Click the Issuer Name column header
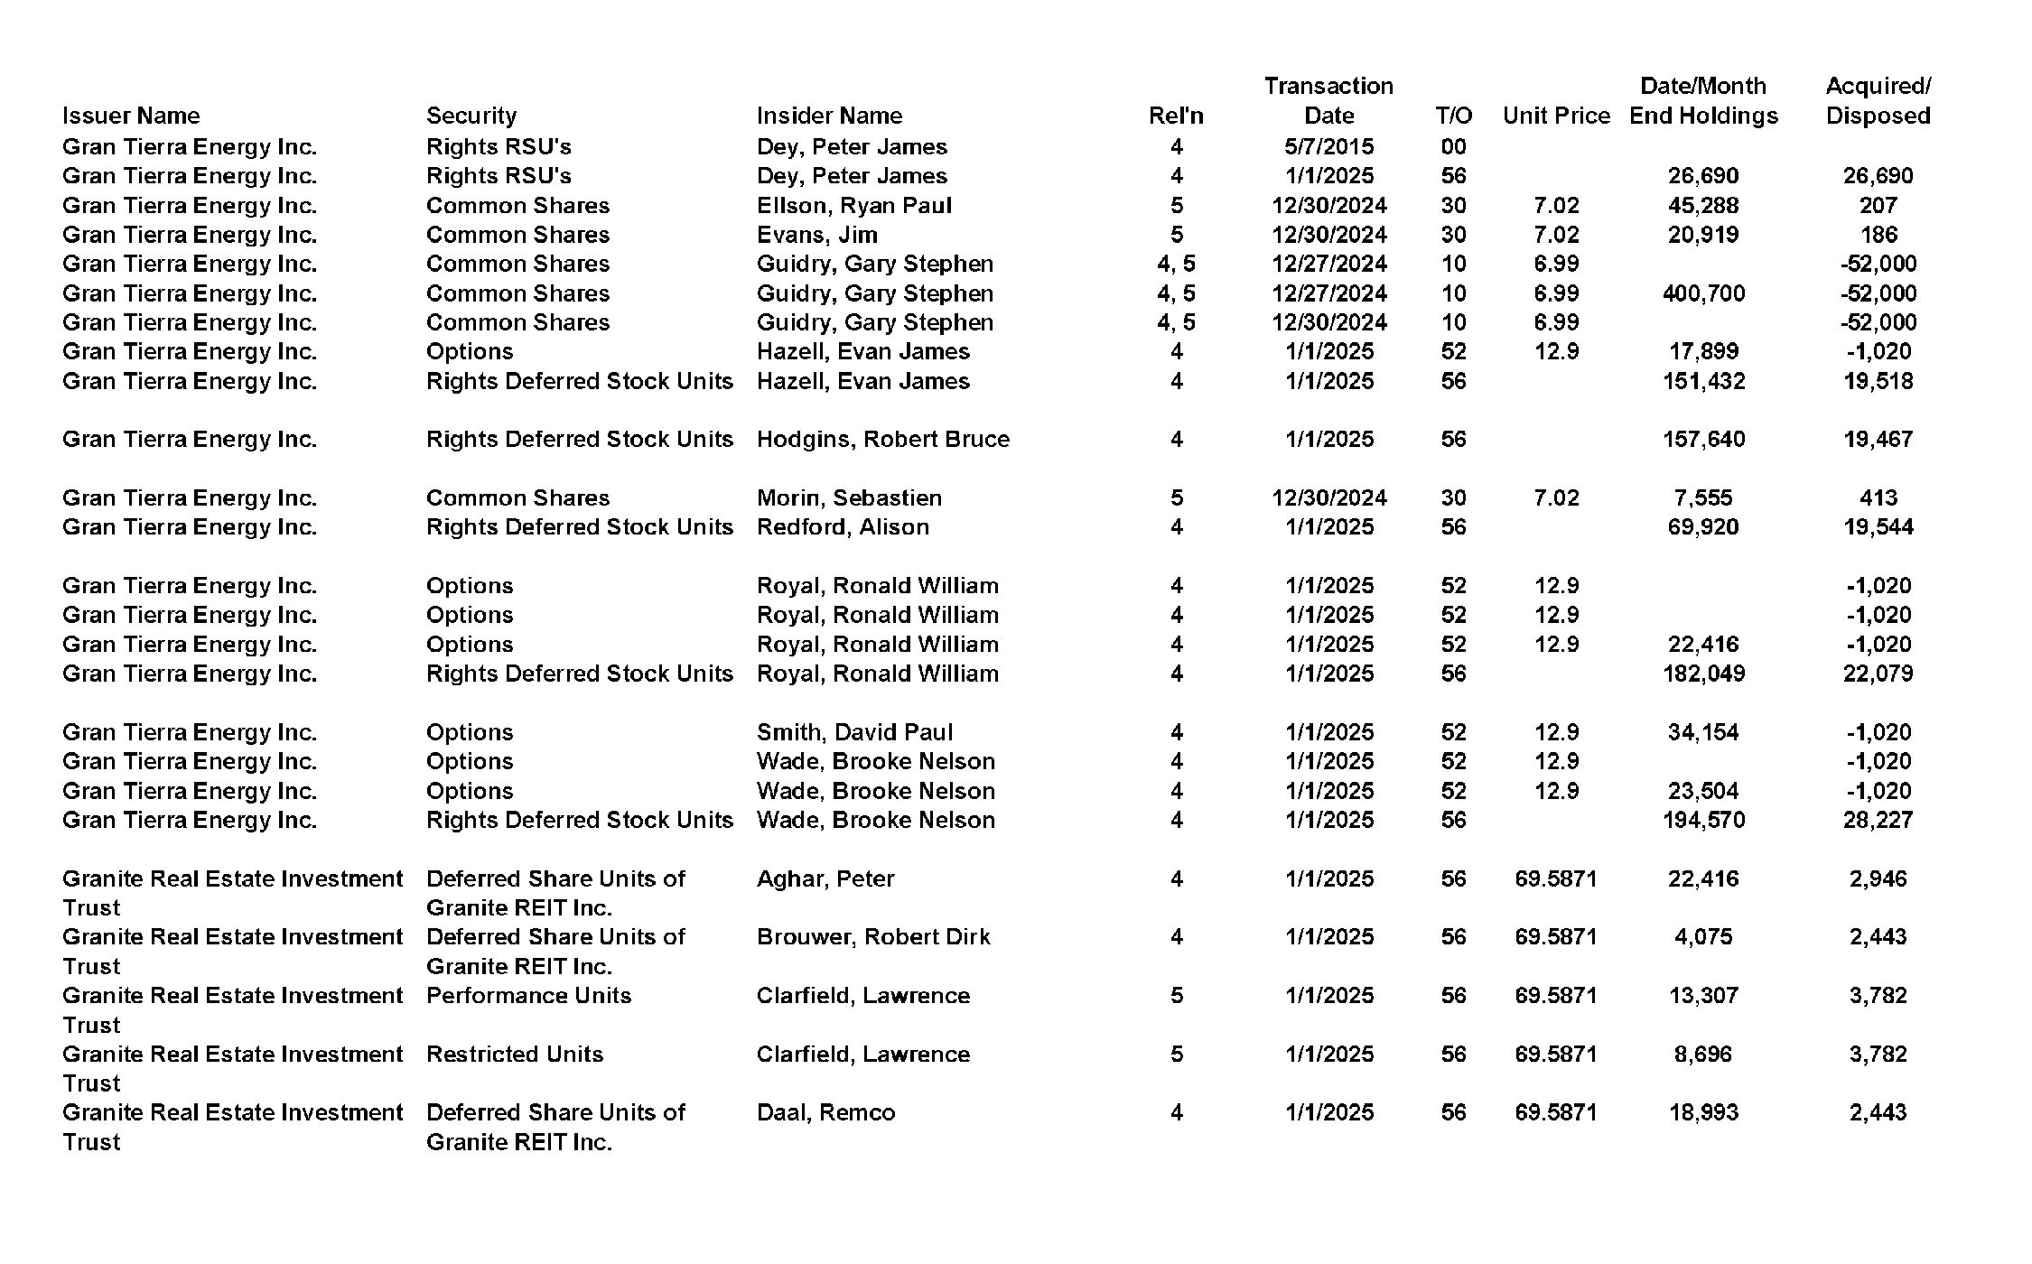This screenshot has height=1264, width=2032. [131, 116]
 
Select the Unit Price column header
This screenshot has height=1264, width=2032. [1556, 116]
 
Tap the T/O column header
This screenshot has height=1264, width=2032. [1453, 116]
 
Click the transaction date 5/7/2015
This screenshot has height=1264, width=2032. [1328, 146]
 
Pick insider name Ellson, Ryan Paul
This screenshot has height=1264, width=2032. [853, 205]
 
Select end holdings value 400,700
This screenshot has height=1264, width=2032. [1703, 293]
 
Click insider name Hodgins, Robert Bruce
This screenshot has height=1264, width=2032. [882, 439]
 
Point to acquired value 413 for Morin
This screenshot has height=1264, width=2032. [1878, 497]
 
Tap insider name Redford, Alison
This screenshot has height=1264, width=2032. [842, 526]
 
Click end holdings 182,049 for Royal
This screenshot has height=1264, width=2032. [1703, 674]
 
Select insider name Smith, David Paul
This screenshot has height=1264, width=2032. [854, 732]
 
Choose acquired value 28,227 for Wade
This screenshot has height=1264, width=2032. [1878, 820]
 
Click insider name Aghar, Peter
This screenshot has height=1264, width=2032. [825, 878]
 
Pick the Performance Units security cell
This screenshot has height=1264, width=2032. [528, 995]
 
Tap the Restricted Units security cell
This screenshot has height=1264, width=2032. [514, 1054]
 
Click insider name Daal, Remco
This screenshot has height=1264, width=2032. [825, 1112]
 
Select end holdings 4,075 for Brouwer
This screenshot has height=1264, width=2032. [1703, 936]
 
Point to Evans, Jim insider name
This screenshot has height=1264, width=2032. [816, 235]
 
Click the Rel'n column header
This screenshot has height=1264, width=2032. [1176, 116]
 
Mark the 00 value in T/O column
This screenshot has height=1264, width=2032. [1453, 146]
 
